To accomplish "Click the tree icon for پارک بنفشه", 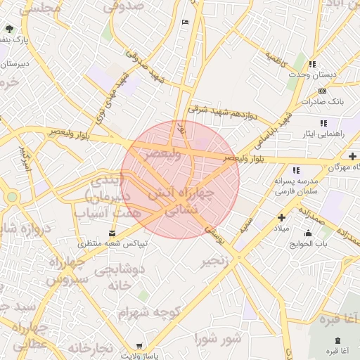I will coord(9,29).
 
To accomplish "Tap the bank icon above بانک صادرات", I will coord(323,91).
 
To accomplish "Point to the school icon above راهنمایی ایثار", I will coord(323,123).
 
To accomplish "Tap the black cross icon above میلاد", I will coord(281,218).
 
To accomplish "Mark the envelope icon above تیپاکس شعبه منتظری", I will coord(112,233).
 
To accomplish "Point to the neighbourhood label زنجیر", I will coord(214,262).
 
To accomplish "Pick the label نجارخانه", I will coord(90,347).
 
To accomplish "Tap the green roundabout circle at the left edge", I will coord(12,197).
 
